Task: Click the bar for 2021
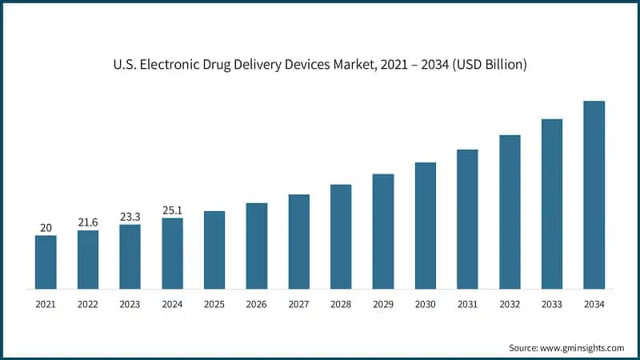pyautogui.click(x=46, y=262)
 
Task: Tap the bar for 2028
pyautogui.click(x=341, y=236)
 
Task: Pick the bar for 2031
pyautogui.click(x=467, y=218)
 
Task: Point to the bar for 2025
pyautogui.click(x=214, y=250)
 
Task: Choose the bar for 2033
pyautogui.click(x=552, y=203)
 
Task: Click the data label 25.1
pyautogui.click(x=172, y=210)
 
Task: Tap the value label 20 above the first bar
pyautogui.click(x=46, y=227)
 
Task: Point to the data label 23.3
pyautogui.click(x=130, y=216)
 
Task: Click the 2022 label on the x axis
pyautogui.click(x=88, y=305)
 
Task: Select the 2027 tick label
pyautogui.click(x=298, y=305)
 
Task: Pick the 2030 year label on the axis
pyautogui.click(x=425, y=305)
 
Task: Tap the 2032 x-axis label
pyautogui.click(x=510, y=305)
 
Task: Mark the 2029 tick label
pyautogui.click(x=382, y=305)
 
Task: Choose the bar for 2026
pyautogui.click(x=256, y=246)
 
